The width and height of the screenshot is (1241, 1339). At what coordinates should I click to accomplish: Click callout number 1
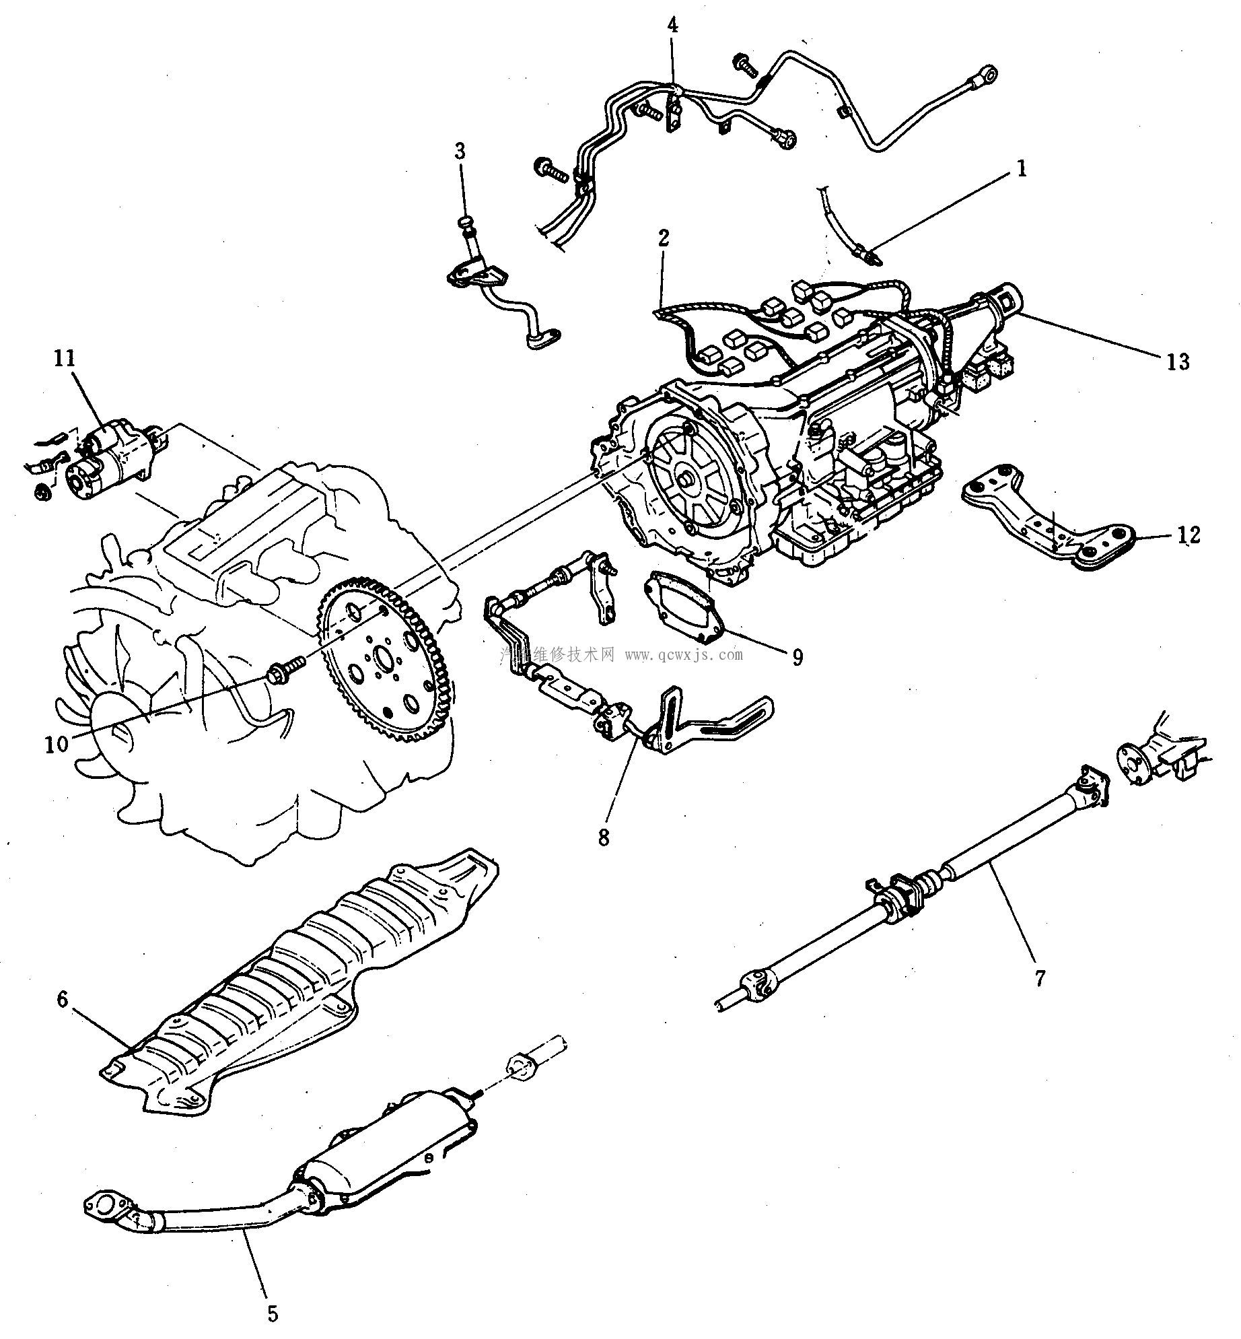(x=1022, y=169)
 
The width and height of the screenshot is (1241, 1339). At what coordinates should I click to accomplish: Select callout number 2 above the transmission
(x=664, y=238)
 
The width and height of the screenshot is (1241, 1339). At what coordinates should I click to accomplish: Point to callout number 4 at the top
(x=672, y=26)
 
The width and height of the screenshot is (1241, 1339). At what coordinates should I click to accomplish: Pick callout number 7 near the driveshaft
(x=1040, y=977)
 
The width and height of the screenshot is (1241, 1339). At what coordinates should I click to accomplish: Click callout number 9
(x=797, y=656)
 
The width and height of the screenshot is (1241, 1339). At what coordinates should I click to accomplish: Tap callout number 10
(x=57, y=745)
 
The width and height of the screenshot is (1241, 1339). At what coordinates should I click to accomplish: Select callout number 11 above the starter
(x=65, y=359)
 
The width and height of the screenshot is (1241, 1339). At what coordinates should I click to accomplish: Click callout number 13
(x=1178, y=362)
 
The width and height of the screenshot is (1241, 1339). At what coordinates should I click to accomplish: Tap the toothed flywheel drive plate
(x=387, y=660)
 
